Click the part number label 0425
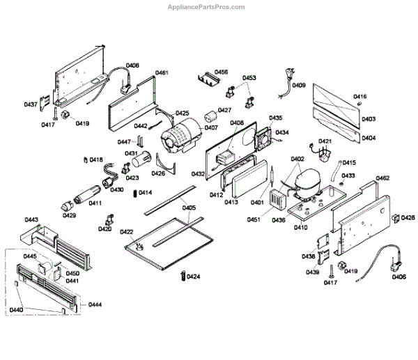click(x=183, y=113)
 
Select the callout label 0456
click(x=221, y=72)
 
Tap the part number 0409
click(x=298, y=86)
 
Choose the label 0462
click(x=382, y=179)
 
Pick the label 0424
click(x=193, y=277)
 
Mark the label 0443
click(x=31, y=220)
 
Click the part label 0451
click(x=254, y=220)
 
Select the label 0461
click(x=162, y=72)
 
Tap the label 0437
click(x=31, y=104)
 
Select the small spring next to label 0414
click(x=134, y=193)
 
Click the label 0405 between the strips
click(x=189, y=208)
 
